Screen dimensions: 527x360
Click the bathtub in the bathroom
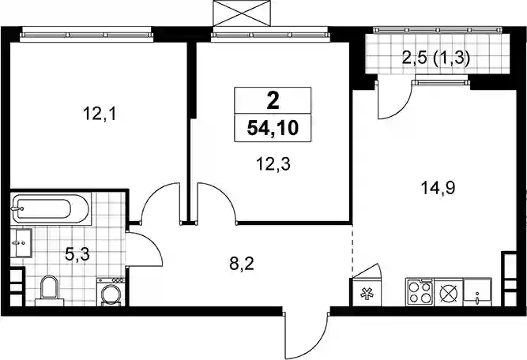pyautogui.click(x=51, y=208)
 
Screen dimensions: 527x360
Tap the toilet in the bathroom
pyautogui.click(x=49, y=291)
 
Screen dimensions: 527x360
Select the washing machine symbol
pyautogui.click(x=111, y=291)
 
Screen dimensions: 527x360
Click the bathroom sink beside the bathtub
pyautogui.click(x=21, y=243)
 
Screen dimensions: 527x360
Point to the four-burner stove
pyautogui.click(x=420, y=292)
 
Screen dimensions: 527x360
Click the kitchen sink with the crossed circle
pyautogui.click(x=449, y=292)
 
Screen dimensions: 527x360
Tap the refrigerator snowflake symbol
pyautogui.click(x=366, y=294)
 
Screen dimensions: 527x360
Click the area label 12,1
pyautogui.click(x=100, y=114)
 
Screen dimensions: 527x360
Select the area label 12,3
pyautogui.click(x=273, y=164)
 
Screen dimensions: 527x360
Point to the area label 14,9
pyautogui.click(x=439, y=188)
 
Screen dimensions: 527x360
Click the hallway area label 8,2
pyautogui.click(x=242, y=264)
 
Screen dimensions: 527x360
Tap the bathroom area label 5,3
pyautogui.click(x=77, y=254)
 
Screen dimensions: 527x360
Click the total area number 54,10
pyautogui.click(x=273, y=128)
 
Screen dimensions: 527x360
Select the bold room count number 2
pyautogui.click(x=273, y=101)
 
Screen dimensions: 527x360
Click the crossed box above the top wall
pyautogui.click(x=242, y=13)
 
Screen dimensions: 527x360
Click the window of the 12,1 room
pyautogui.click(x=86, y=35)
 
